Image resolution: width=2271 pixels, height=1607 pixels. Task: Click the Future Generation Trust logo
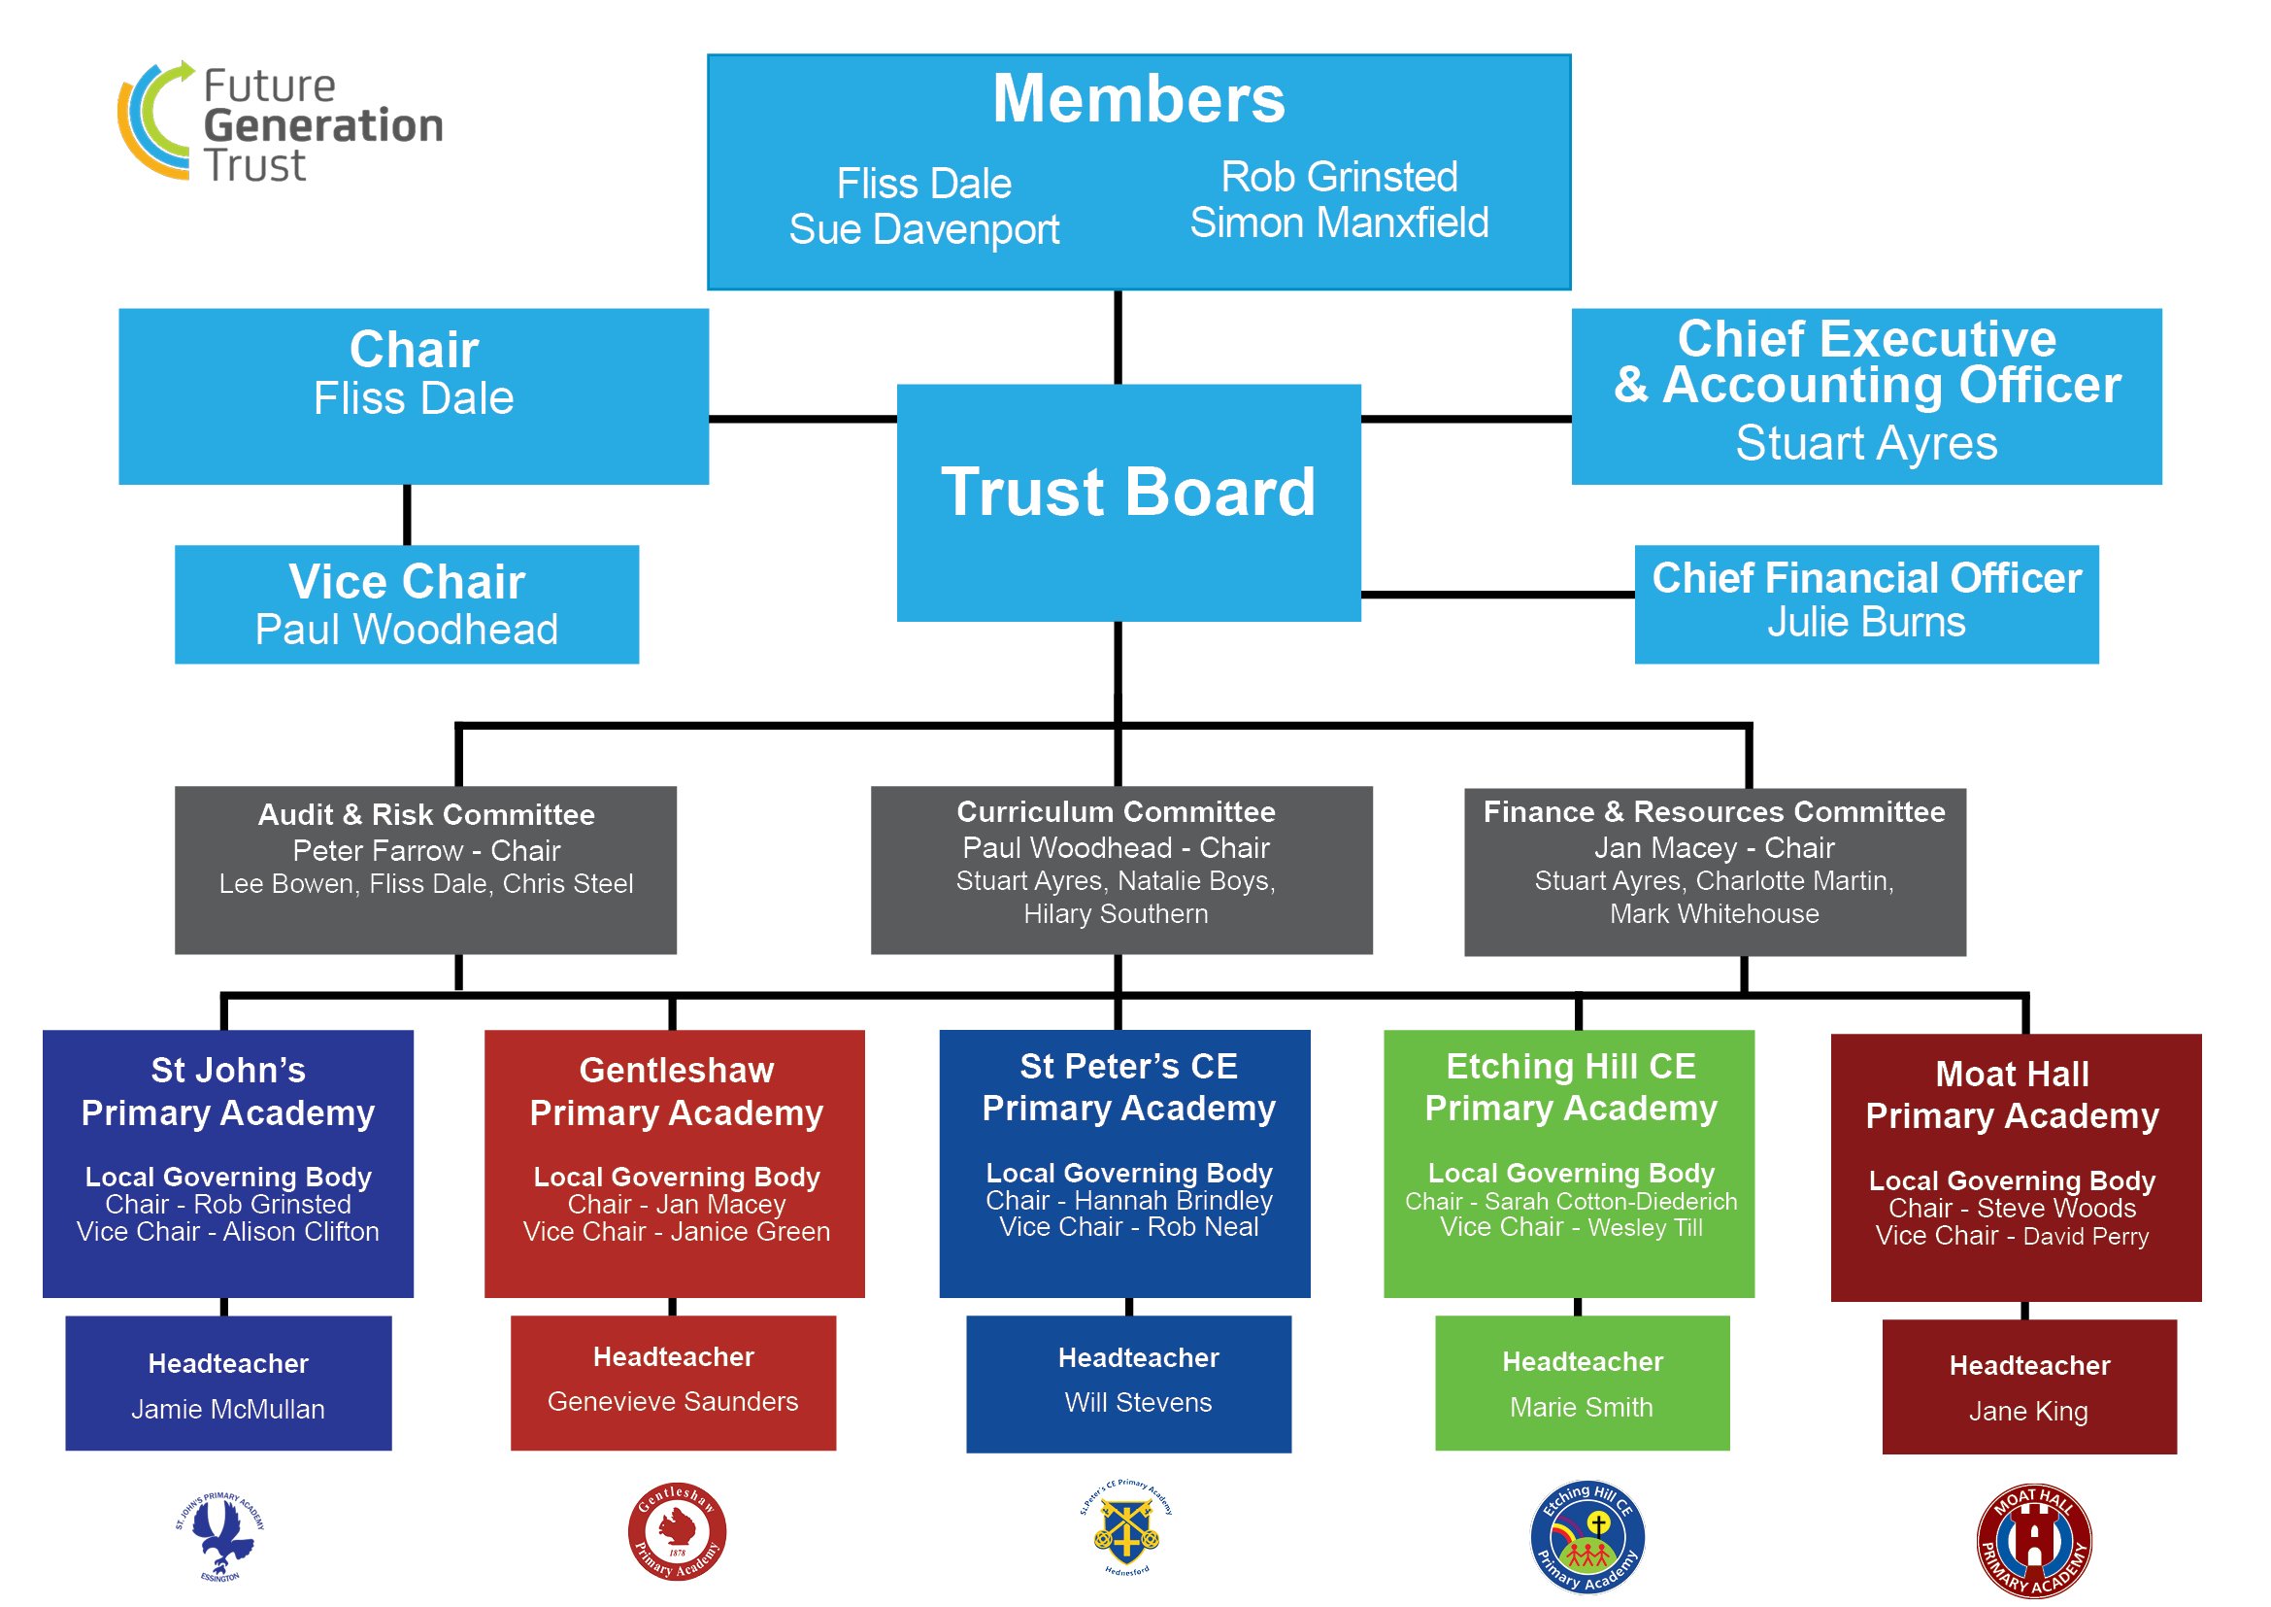coord(280,122)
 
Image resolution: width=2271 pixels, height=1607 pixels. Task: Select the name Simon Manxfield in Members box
coord(1338,223)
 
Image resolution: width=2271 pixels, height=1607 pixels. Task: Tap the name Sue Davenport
coord(922,229)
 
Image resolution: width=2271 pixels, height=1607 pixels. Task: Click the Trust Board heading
coord(1127,492)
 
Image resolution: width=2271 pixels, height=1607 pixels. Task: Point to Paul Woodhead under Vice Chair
coord(407,631)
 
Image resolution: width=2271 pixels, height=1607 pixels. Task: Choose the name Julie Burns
coord(1865,623)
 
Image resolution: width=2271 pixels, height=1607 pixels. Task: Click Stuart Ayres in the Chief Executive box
coord(1865,443)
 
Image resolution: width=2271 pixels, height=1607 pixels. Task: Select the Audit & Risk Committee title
coord(426,814)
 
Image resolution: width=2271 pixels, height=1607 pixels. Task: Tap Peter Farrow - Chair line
coord(426,850)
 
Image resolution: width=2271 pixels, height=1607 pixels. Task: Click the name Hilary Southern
coord(1115,913)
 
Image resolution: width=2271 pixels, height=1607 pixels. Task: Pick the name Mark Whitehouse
coord(1713,913)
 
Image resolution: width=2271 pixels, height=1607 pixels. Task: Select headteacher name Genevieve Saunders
coord(673,1401)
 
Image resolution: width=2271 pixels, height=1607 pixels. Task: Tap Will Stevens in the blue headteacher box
coord(1138,1402)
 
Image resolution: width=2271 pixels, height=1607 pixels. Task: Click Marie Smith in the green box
coord(1581,1407)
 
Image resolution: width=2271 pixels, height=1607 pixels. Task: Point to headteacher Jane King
coord(2027,1411)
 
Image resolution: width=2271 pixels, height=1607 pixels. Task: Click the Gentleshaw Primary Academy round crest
coord(677,1531)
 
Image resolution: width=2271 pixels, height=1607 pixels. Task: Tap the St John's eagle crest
coord(220,1536)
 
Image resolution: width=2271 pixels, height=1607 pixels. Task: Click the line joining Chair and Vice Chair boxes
coord(407,515)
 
